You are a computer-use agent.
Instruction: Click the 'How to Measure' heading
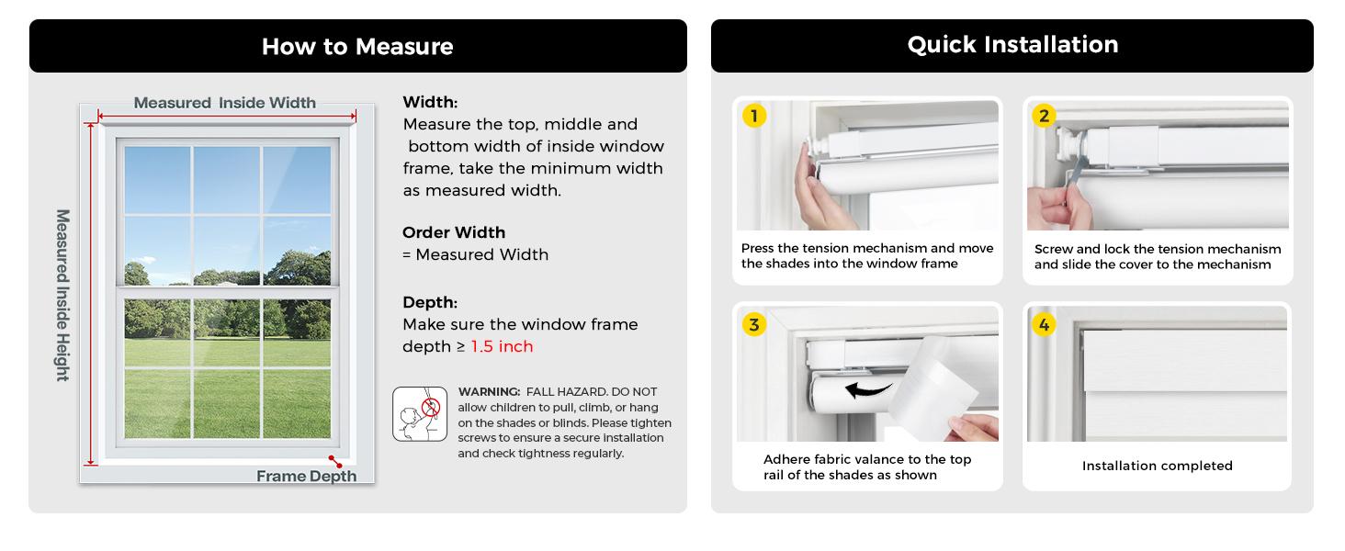click(x=357, y=47)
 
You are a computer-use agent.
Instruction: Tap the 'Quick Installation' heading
click(x=1013, y=45)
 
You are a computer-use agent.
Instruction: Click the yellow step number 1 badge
click(x=754, y=115)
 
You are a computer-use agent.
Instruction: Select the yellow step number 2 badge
click(x=1045, y=115)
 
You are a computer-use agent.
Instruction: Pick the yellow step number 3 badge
click(x=754, y=325)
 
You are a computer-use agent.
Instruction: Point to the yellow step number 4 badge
click(x=1045, y=325)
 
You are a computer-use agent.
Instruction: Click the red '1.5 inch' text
click(x=502, y=346)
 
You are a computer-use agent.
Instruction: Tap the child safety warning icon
click(x=420, y=414)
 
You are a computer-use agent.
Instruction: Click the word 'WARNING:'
click(x=489, y=392)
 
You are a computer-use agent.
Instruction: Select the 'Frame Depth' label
click(x=306, y=476)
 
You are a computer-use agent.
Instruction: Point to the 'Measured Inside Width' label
click(x=224, y=103)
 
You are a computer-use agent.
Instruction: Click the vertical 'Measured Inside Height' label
click(x=62, y=296)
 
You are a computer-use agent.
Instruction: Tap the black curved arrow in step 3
click(x=867, y=390)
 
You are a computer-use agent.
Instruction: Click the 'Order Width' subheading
click(x=454, y=232)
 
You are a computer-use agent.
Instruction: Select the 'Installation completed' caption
click(x=1157, y=466)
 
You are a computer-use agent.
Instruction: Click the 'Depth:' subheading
click(x=430, y=302)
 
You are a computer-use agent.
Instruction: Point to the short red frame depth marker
click(x=335, y=462)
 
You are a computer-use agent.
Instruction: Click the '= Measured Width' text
click(x=475, y=254)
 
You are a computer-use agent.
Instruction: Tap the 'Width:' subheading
click(x=430, y=102)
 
